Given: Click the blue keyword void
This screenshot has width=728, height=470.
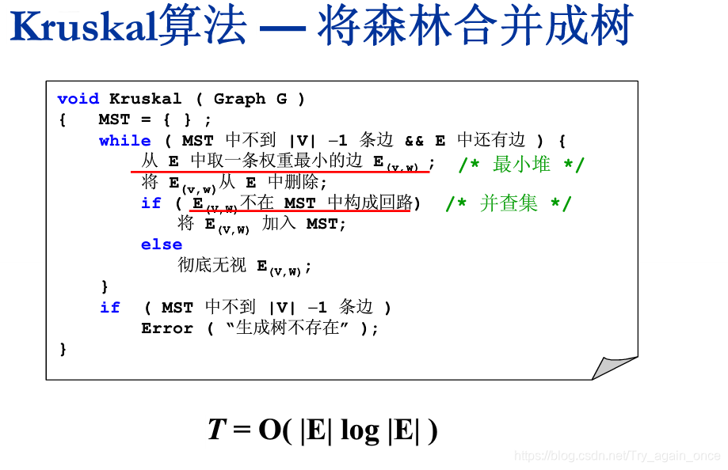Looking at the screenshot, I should pos(78,99).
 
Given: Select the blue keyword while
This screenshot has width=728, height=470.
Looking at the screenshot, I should pos(124,141).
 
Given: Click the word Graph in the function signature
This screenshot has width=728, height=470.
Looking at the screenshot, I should pos(239,99).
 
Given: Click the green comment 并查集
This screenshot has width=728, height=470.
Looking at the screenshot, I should pos(509,203).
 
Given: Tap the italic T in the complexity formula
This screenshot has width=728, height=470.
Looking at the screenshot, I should pos(217,430).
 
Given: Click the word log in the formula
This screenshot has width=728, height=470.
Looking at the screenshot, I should pos(359,431).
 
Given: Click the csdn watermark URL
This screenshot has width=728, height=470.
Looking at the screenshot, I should pos(617,456).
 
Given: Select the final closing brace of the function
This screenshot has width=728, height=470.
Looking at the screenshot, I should pos(63,349).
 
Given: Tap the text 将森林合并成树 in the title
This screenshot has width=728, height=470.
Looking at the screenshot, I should pos(475,28).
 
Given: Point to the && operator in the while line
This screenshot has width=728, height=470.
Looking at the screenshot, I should pos(414,141).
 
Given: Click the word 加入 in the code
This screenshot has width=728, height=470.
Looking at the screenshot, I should pos(279,224).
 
